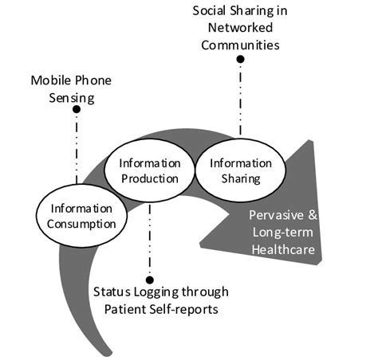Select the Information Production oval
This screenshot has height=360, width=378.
pos(150,170)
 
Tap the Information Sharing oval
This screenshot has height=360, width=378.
pos(235,170)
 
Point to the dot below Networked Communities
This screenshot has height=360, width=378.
pos(241,59)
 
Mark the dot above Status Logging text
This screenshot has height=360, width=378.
pos(150,268)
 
